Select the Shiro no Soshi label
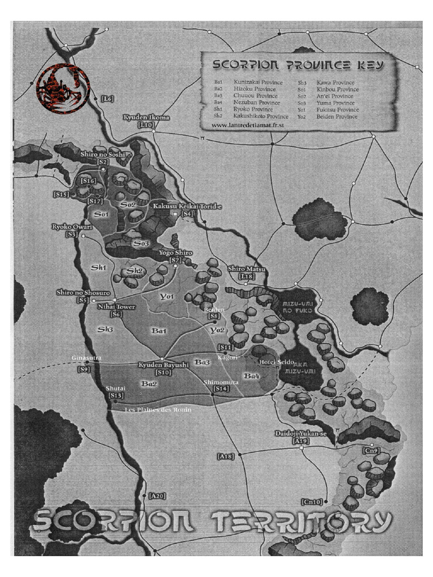tap(102, 154)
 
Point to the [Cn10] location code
tap(312, 501)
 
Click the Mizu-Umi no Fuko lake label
tap(289, 308)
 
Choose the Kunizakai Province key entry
tap(258, 82)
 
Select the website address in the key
tap(246, 125)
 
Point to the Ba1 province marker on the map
tap(158, 331)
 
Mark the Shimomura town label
tap(222, 382)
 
